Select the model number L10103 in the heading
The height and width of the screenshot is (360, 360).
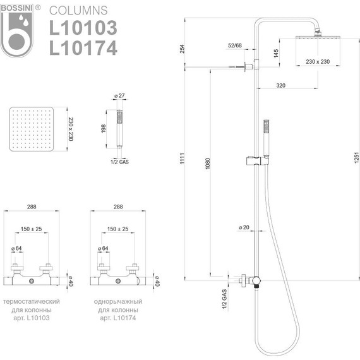point(83,28)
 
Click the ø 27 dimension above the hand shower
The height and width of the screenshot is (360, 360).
point(119,96)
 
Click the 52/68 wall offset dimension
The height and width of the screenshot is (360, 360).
point(235,45)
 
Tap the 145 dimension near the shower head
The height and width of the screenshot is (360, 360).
point(276,53)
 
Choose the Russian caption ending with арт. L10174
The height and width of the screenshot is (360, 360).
point(118,309)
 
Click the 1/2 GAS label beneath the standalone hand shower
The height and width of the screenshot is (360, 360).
point(119,162)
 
